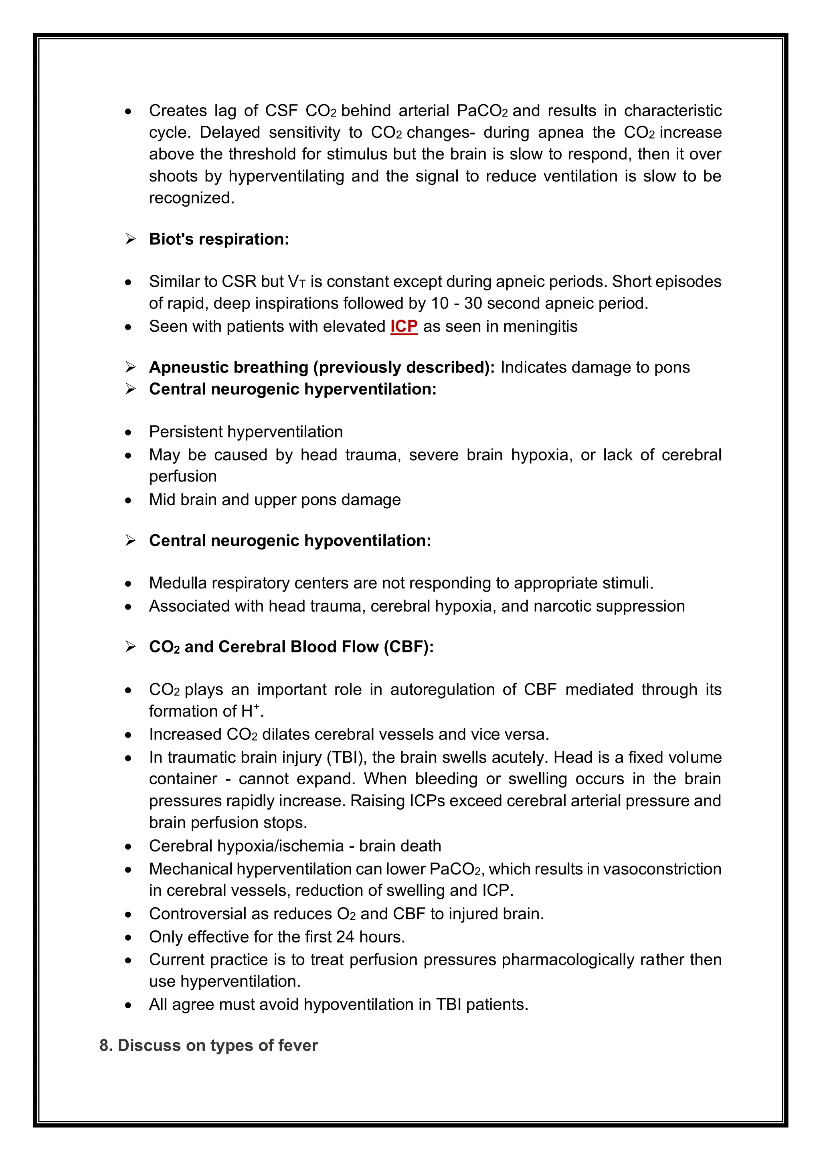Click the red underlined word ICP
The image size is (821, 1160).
tap(403, 326)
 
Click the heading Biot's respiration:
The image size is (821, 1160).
tap(218, 239)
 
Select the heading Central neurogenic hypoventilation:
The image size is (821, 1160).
tap(290, 541)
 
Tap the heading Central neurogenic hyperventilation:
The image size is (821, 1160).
tap(292, 389)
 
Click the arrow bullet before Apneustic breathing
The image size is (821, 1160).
tap(130, 367)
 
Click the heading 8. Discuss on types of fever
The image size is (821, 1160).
tap(208, 1045)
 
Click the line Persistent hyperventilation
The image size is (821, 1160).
tap(246, 432)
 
